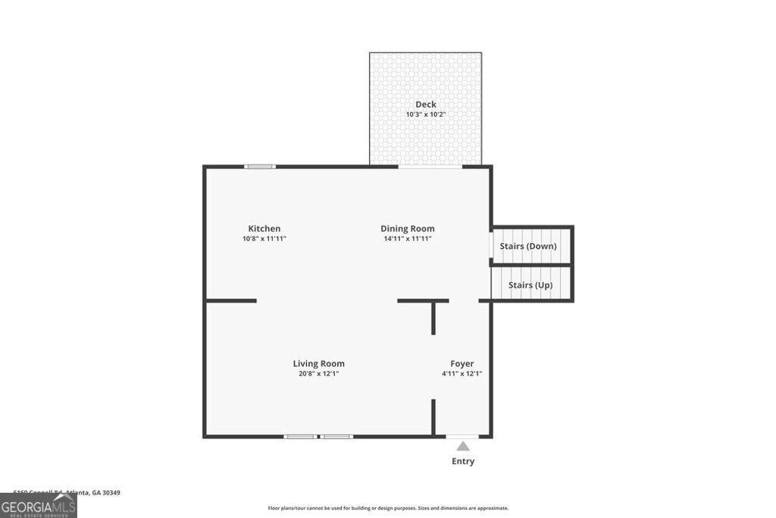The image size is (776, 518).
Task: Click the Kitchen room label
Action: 264,228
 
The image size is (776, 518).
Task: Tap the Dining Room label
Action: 408,228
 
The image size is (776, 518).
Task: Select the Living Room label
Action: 319,363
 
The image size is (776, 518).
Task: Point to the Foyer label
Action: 462,363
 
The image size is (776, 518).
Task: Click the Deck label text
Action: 426,105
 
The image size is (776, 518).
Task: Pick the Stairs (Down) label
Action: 528,246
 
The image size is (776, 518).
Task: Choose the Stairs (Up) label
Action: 530,285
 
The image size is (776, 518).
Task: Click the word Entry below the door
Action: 463,461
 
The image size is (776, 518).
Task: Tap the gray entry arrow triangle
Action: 463,446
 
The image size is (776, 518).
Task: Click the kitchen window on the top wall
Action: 260,166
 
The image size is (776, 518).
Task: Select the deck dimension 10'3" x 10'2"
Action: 426,115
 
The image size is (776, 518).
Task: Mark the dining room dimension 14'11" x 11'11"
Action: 408,239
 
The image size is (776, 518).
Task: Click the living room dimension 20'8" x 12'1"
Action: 319,373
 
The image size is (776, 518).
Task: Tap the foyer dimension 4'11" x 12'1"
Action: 462,373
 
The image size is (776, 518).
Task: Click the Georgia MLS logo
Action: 39,506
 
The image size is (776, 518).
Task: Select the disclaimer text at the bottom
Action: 388,508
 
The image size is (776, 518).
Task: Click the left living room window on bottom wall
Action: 300,436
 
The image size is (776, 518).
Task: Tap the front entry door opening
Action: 462,436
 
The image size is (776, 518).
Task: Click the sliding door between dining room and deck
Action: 430,166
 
